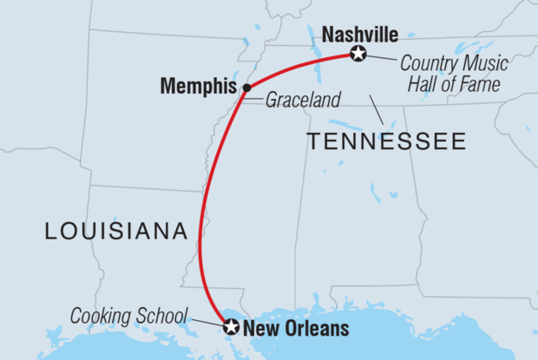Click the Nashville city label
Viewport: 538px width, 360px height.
point(359,35)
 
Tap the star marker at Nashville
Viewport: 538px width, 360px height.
point(358,55)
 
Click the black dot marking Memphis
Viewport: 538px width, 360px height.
point(246,88)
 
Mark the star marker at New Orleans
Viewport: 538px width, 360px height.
point(231,327)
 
